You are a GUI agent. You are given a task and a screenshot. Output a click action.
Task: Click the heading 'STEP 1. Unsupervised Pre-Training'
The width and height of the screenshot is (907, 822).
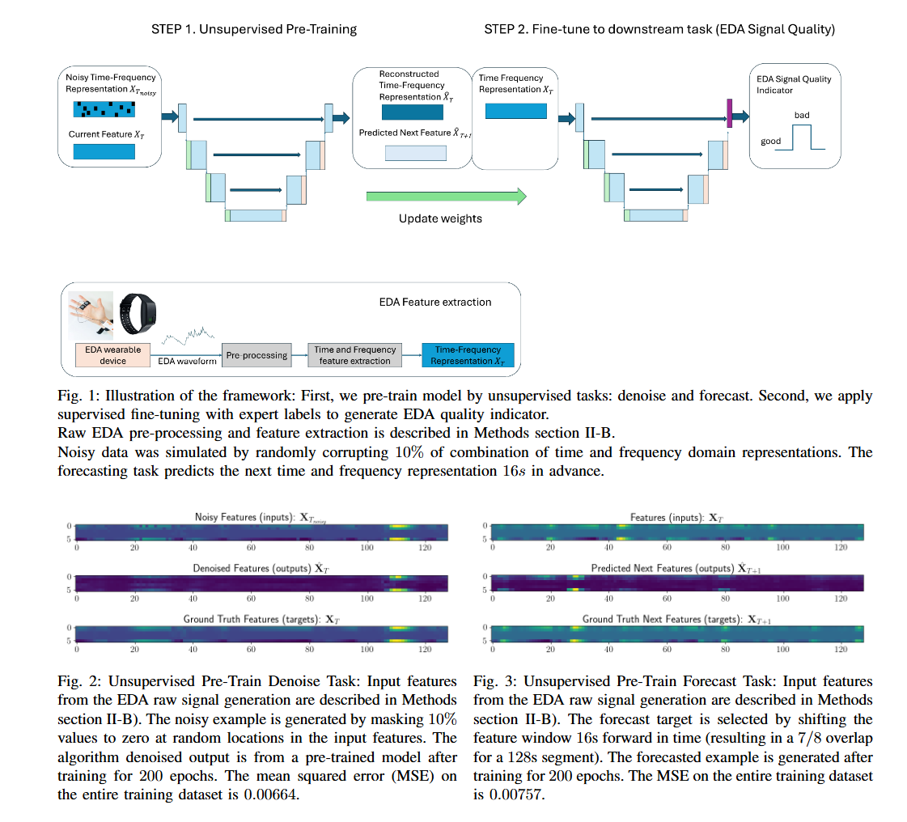(254, 29)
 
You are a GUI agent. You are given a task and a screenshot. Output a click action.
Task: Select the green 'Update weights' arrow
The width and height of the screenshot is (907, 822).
(446, 197)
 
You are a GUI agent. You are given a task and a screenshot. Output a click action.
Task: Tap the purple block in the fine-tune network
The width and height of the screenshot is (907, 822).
(729, 112)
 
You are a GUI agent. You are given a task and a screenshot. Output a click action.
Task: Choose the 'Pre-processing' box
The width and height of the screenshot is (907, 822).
(256, 355)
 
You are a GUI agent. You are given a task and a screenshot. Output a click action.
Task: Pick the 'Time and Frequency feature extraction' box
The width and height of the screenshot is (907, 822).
(355, 355)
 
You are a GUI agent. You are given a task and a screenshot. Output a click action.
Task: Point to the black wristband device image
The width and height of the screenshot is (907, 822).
(137, 311)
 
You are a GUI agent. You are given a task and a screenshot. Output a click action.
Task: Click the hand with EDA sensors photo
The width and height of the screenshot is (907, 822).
(91, 312)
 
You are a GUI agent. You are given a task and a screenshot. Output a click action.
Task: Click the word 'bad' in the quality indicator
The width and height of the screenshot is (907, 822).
(801, 116)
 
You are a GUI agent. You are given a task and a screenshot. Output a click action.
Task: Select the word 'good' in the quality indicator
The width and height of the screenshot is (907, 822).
(770, 142)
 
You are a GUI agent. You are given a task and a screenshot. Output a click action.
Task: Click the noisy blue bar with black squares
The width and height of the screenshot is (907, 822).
(105, 110)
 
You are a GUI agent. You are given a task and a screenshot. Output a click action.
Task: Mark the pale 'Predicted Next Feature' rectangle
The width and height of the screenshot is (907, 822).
(415, 153)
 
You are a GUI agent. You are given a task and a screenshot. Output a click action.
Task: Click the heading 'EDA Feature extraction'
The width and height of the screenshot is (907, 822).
(434, 302)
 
